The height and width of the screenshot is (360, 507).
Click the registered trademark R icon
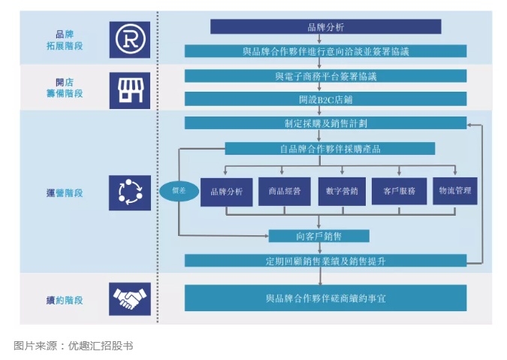(x=130, y=39)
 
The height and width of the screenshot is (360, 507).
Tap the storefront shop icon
(x=130, y=89)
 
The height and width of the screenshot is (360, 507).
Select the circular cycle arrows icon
(x=130, y=192)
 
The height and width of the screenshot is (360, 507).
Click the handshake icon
(x=130, y=299)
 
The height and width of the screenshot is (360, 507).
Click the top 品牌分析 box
(x=325, y=27)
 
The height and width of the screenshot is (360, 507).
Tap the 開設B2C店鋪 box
(x=325, y=98)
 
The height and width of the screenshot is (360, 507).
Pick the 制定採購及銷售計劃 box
(x=325, y=123)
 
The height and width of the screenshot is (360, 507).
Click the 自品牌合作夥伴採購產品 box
(x=325, y=149)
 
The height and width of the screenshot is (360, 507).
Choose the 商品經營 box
(x=284, y=191)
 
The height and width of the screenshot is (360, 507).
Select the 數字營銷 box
(x=342, y=191)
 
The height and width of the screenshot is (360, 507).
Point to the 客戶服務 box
(x=399, y=191)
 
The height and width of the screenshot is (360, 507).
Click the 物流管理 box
(x=455, y=191)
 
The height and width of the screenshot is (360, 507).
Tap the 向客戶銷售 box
(x=319, y=236)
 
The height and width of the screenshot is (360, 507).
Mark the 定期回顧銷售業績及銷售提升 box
(x=325, y=261)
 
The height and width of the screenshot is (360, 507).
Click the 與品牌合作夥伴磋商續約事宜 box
(x=325, y=298)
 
